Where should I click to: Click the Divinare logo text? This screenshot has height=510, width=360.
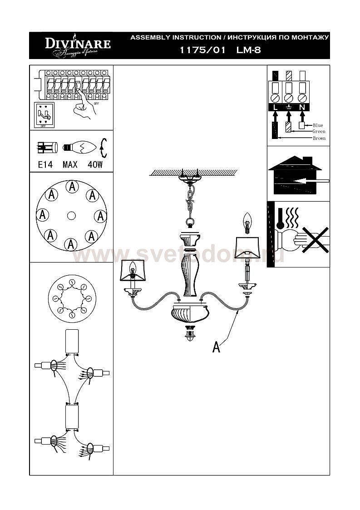77,44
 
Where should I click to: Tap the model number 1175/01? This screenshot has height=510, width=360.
203,51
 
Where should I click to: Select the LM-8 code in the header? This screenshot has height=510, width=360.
248,51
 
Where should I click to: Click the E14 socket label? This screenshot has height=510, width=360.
45,164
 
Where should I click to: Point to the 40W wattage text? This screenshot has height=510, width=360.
95,164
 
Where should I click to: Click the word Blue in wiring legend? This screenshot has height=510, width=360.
318,125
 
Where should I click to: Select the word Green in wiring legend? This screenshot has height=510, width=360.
319,132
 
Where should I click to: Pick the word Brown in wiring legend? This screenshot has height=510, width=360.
319,138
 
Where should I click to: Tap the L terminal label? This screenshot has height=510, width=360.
275,108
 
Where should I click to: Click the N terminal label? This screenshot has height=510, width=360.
302,108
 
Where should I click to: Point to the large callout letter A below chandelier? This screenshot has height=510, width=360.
217,347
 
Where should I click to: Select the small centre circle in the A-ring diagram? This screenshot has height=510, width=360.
71,216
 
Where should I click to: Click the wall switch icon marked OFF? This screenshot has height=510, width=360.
44,115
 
